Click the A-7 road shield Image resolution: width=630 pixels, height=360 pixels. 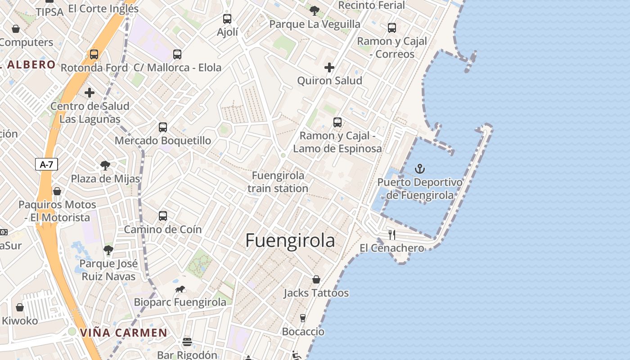[x=46, y=164]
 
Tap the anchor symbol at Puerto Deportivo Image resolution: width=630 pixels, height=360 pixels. [x=420, y=169]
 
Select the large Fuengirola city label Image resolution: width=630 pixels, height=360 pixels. [x=290, y=241]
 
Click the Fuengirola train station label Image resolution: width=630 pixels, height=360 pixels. [x=278, y=182]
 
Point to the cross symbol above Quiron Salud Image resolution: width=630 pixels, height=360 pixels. [x=329, y=67]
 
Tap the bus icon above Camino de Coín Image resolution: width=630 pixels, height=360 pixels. [x=163, y=216]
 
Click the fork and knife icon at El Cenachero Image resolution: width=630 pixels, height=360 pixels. [x=392, y=234]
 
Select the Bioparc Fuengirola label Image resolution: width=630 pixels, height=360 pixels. [x=180, y=302]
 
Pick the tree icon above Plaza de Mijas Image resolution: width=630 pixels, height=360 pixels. [x=105, y=165]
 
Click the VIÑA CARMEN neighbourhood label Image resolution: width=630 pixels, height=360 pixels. [x=124, y=333]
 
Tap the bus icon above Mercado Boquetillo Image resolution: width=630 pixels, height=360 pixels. [x=163, y=127]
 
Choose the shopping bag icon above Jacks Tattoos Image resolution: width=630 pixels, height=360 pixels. [x=316, y=279]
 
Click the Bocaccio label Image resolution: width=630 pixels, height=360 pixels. [x=303, y=332]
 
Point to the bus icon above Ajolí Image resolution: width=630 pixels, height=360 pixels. [x=227, y=19]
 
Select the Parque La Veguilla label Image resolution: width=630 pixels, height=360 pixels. [x=315, y=24]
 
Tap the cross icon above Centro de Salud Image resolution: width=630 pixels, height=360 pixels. [x=90, y=93]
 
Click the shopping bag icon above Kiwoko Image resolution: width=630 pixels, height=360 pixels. [x=20, y=307]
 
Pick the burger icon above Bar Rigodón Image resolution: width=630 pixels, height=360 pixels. [x=187, y=342]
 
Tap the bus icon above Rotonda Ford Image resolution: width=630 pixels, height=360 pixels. [x=94, y=54]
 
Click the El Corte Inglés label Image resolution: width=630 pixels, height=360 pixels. [x=103, y=9]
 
